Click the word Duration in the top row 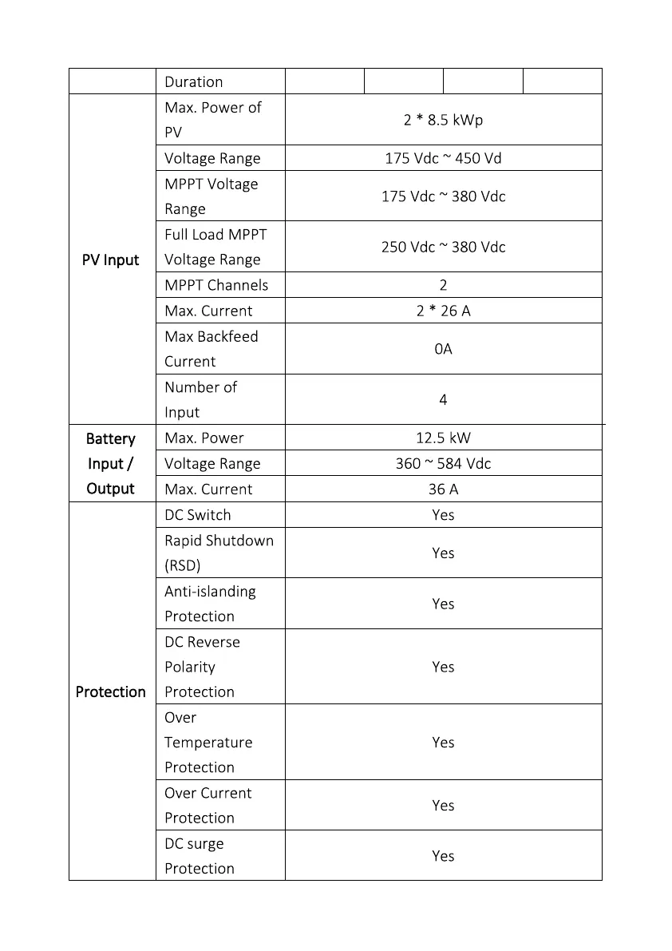(x=193, y=81)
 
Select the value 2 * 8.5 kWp (x=443, y=120)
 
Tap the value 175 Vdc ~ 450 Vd (x=443, y=158)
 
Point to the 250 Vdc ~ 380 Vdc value (x=443, y=247)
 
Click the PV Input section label (x=110, y=260)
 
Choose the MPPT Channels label (x=216, y=285)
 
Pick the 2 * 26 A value (x=443, y=311)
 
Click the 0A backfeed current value (x=443, y=349)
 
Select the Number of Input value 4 (x=443, y=399)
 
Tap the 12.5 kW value (x=443, y=438)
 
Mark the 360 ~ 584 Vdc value (x=443, y=463)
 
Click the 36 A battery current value (x=443, y=489)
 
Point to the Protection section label (x=110, y=691)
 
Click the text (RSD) (x=182, y=565)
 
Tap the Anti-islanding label (x=210, y=591)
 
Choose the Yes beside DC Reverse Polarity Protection (x=443, y=667)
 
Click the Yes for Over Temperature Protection (x=443, y=742)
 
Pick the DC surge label (x=194, y=843)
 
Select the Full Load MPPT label (x=215, y=235)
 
